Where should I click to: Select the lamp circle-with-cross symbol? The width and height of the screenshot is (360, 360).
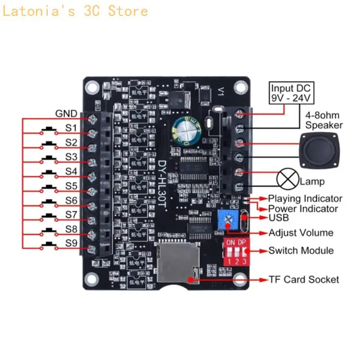(286, 179)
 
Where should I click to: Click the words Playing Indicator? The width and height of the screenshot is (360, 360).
(305, 198)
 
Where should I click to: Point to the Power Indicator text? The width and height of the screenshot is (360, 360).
(303, 209)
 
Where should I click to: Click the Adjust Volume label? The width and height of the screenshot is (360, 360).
(301, 233)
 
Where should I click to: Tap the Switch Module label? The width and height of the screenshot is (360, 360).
(301, 250)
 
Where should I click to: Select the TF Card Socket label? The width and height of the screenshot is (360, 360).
(304, 279)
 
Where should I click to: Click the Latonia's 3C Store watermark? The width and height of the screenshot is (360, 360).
(75, 10)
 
